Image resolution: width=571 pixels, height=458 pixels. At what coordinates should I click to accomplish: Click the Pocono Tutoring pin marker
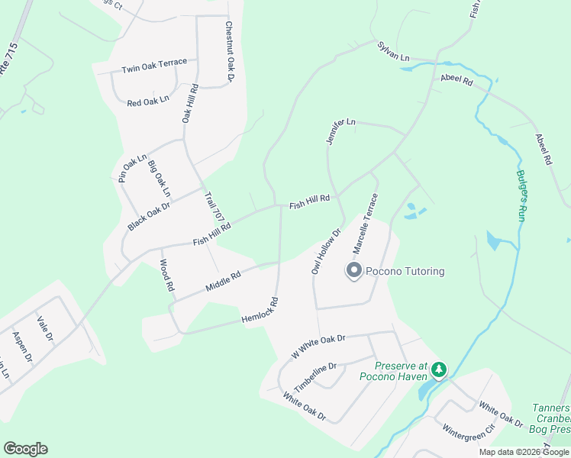354,271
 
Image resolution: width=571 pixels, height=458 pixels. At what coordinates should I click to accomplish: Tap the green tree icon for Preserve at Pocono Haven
438,370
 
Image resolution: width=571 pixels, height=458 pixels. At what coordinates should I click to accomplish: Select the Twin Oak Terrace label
153,69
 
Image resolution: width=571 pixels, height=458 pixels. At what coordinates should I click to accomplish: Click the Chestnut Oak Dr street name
229,52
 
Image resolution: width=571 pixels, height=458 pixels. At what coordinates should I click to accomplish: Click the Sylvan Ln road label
393,52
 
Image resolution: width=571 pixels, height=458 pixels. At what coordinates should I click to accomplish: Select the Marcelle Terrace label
365,224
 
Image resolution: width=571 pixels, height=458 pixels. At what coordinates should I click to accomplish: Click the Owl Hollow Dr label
325,250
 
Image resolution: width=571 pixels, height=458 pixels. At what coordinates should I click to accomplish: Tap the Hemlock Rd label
260,308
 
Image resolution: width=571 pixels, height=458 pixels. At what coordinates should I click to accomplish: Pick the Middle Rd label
223,282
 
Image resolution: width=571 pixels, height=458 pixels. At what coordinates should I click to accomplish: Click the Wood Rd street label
166,276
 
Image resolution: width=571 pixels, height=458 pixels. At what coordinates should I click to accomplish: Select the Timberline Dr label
315,376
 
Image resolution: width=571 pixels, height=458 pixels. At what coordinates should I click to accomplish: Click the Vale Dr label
46,327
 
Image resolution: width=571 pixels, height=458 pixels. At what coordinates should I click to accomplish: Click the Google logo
25,449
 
